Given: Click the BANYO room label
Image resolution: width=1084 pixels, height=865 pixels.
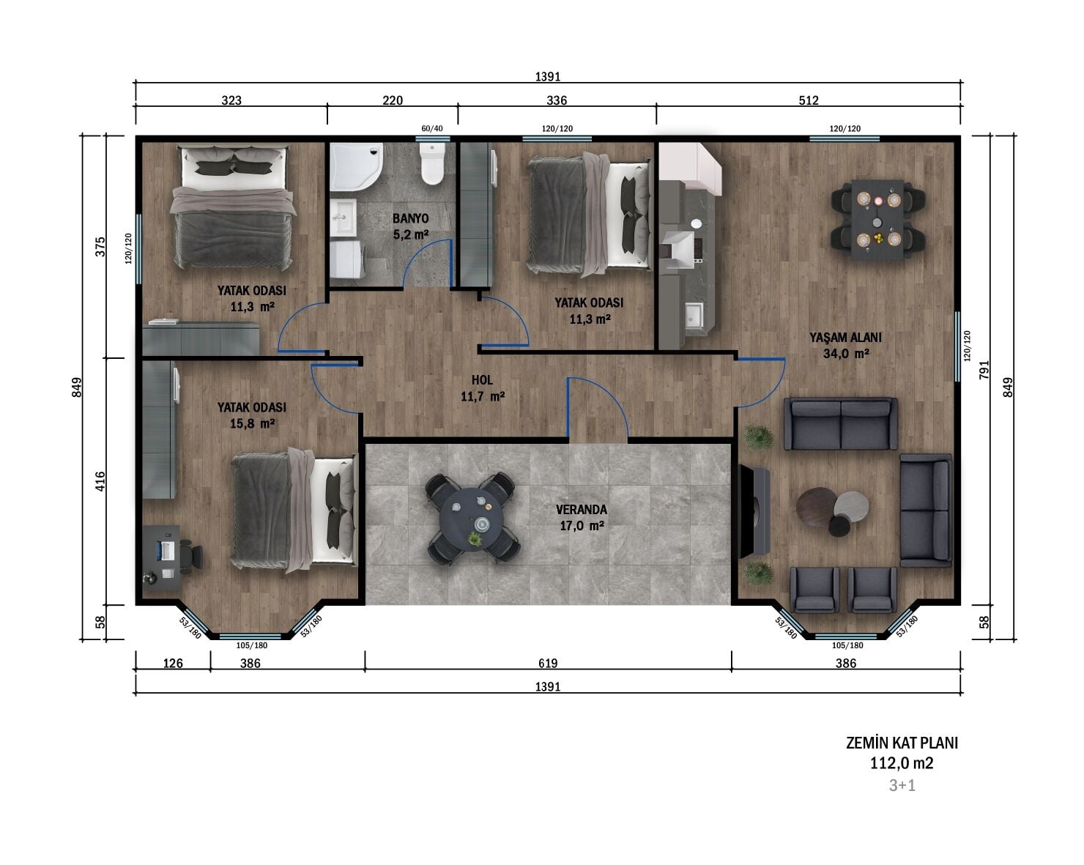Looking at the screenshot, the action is click(x=411, y=219).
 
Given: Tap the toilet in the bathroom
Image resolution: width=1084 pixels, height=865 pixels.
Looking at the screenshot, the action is click(x=432, y=164).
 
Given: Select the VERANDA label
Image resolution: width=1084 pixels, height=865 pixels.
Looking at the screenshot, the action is click(x=582, y=509).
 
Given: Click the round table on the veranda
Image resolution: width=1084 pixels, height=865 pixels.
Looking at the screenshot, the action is click(x=472, y=519).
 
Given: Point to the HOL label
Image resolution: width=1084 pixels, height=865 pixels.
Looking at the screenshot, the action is click(x=482, y=380).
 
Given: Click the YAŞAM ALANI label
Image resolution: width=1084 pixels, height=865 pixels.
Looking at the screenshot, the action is click(x=845, y=338).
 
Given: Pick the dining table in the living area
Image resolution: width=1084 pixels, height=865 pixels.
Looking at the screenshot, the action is click(x=877, y=220).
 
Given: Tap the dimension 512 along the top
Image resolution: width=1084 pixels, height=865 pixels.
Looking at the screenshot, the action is click(x=809, y=100).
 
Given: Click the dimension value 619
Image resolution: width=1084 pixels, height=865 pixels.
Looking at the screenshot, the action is click(x=548, y=663).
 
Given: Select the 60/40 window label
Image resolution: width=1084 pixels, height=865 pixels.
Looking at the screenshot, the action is click(x=431, y=128).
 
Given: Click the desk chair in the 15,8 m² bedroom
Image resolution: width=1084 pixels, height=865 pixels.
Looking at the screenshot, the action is click(x=191, y=556).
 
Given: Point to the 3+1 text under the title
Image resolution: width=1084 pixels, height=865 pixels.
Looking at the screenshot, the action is click(x=902, y=785).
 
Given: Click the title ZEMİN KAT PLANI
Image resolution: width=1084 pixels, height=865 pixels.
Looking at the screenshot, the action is click(x=902, y=743).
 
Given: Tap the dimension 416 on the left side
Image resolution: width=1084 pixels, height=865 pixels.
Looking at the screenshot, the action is click(x=101, y=481).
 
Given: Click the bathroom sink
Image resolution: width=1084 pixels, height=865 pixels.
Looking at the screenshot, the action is click(x=344, y=217).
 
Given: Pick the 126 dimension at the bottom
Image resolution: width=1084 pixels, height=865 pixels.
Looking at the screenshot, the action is click(x=173, y=663).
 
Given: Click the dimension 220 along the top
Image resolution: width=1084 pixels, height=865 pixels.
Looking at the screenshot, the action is click(x=393, y=100).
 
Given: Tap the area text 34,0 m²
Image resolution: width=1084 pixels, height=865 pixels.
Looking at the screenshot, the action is click(x=846, y=354).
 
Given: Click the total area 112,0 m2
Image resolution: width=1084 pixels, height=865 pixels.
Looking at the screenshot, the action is click(x=902, y=763).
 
